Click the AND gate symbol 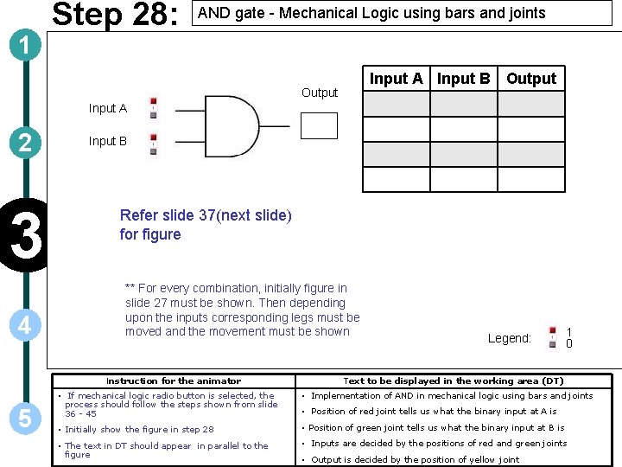(x=229, y=126)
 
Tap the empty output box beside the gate (x=319, y=125)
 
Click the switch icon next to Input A (x=153, y=108)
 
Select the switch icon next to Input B (x=153, y=144)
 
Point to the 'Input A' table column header (x=396, y=79)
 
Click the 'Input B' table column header (x=463, y=79)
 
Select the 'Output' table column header (x=531, y=79)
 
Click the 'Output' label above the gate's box (x=320, y=93)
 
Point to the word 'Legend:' (x=509, y=338)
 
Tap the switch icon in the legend (x=552, y=337)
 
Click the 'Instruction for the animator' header (x=174, y=381)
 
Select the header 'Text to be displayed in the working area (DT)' (x=454, y=381)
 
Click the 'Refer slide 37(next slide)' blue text (x=206, y=215)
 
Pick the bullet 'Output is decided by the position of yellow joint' (x=415, y=459)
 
